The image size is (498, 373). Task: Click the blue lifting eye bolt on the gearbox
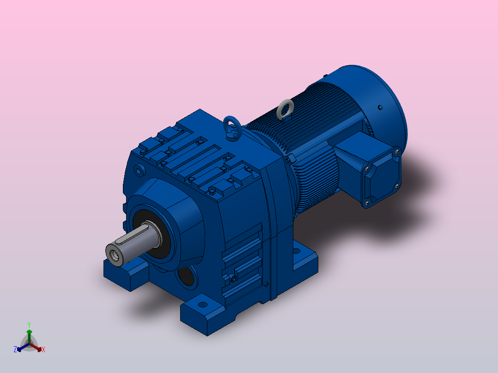pos(231,126)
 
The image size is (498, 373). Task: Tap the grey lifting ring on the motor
pos(285,108)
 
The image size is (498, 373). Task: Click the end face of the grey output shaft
pos(114,253)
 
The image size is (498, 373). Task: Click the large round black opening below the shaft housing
pos(186,277)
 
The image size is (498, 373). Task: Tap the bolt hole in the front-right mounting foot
pos(202,304)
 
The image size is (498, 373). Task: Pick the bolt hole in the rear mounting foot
pos(296,251)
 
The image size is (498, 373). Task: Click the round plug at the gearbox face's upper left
pos(139,171)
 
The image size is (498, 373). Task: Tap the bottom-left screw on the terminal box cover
pos(368,201)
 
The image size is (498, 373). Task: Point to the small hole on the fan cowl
pos(380,108)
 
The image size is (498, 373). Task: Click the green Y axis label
pos(29,325)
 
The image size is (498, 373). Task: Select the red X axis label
pos(43,349)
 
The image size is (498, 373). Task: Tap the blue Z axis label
pos(15,349)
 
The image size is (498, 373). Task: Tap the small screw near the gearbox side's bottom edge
pos(267,283)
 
